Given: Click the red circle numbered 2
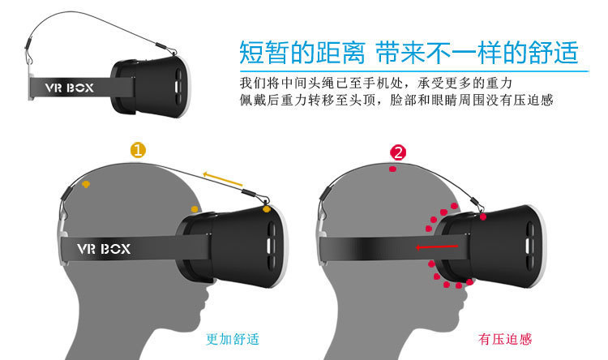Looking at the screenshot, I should coord(397,152).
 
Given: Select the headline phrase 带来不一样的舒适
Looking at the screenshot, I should coord(475,53).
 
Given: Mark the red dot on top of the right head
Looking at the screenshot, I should coord(392,170).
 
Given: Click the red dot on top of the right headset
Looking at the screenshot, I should coord(484,216).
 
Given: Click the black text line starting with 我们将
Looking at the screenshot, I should coord(385,84).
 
